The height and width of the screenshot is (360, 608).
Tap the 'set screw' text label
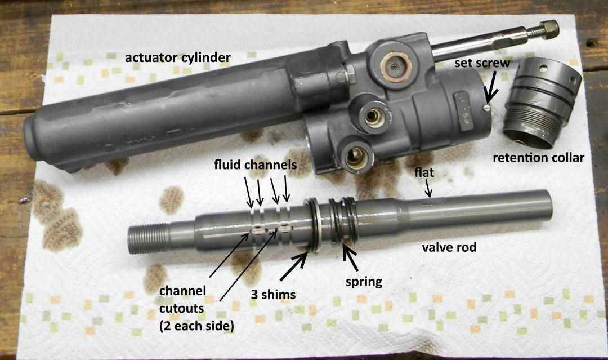pos(482,63)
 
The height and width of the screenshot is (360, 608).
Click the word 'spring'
pos(363,282)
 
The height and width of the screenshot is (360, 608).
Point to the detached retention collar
pos(541,107)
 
